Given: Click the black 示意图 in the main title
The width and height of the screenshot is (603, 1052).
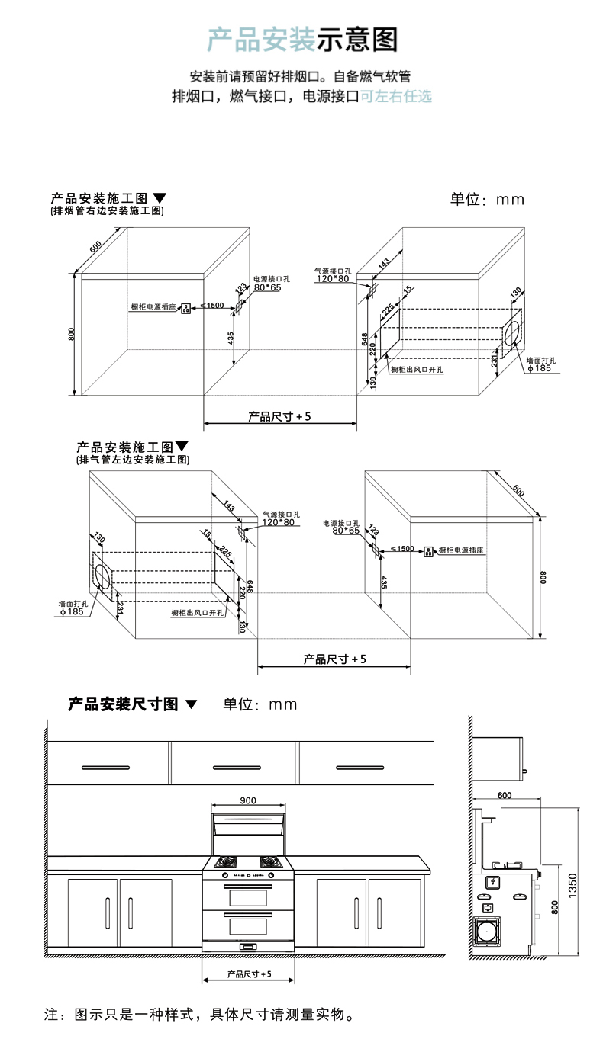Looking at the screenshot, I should point(357,39).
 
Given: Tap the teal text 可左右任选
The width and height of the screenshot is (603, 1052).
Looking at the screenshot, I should point(395,97).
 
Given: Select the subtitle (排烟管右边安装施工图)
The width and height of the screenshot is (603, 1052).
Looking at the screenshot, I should point(108,210).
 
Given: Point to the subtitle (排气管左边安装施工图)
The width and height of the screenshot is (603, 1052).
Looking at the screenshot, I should point(133,460).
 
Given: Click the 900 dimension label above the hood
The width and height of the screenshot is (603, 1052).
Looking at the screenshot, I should point(247,800).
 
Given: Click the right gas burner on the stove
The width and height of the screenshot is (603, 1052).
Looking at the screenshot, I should point(269,862).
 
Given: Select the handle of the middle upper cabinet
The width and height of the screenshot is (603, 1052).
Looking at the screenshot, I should point(233,766).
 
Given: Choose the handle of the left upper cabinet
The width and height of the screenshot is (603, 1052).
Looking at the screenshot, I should point(107,766).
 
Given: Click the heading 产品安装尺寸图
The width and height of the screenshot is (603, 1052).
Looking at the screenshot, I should point(123,704).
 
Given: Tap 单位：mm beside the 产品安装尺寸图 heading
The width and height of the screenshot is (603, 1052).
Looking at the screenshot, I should point(260,704).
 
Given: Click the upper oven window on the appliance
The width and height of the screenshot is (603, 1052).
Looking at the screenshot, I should point(247,896).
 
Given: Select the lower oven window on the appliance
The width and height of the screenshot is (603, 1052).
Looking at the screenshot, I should point(247,926).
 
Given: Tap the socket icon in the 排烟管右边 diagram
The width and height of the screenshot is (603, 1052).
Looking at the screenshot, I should point(185,308).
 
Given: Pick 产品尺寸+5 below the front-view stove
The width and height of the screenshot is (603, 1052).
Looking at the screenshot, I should point(249,974).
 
